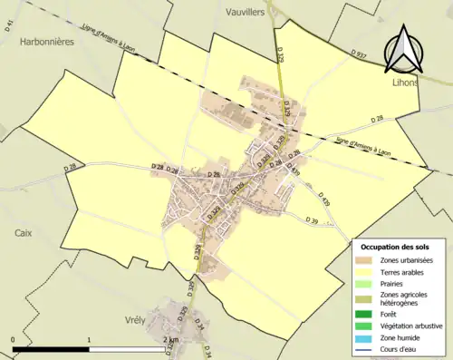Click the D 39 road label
click(x=313, y=220)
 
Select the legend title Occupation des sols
click(x=395, y=247)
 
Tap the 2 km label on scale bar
click(x=169, y=339)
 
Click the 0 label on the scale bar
click(x=14, y=339)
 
